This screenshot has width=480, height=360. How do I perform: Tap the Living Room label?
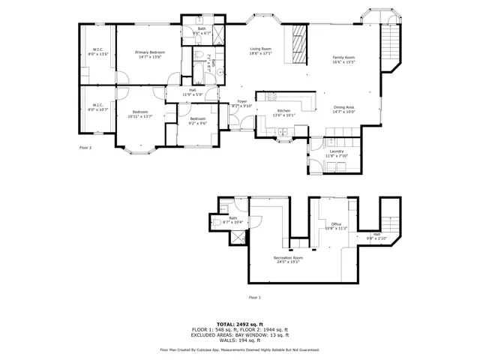click(260, 49)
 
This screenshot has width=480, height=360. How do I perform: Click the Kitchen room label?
click(268, 110)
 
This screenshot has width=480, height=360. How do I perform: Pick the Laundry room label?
click(337, 152)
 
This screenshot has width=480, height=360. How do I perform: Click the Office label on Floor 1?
click(336, 224)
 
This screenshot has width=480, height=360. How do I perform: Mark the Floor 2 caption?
click(85, 148)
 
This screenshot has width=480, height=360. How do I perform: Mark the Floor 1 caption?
click(255, 298)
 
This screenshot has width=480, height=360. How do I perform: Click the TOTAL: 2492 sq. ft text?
click(239, 324)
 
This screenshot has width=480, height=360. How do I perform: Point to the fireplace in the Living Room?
click(298, 46)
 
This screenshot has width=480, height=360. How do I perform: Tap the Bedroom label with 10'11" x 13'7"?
click(139, 113)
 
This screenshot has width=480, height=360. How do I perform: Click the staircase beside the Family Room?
click(391, 45)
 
